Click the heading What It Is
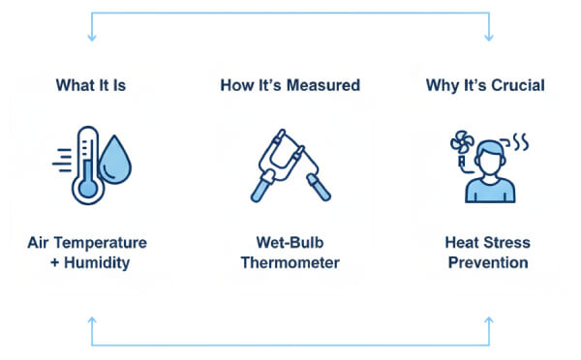[x=92, y=86]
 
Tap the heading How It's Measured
[x=290, y=86]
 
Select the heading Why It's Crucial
[x=485, y=86]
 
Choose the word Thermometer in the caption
[x=290, y=263]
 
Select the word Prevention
[x=485, y=263]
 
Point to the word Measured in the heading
[x=325, y=86]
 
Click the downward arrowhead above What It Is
[x=92, y=37]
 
